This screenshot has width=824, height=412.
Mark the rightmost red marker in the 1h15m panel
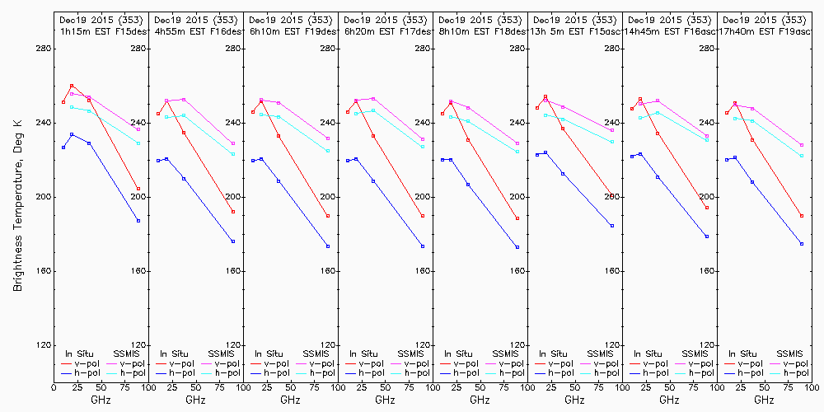[138, 189]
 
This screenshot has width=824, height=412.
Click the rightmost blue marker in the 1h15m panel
[138, 221]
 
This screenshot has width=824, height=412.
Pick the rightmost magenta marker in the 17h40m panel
[802, 145]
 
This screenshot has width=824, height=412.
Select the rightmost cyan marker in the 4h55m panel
[233, 154]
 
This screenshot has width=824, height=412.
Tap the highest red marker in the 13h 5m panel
[545, 96]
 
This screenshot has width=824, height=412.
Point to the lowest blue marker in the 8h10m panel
[517, 247]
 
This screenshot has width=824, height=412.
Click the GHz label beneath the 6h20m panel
[385, 400]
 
